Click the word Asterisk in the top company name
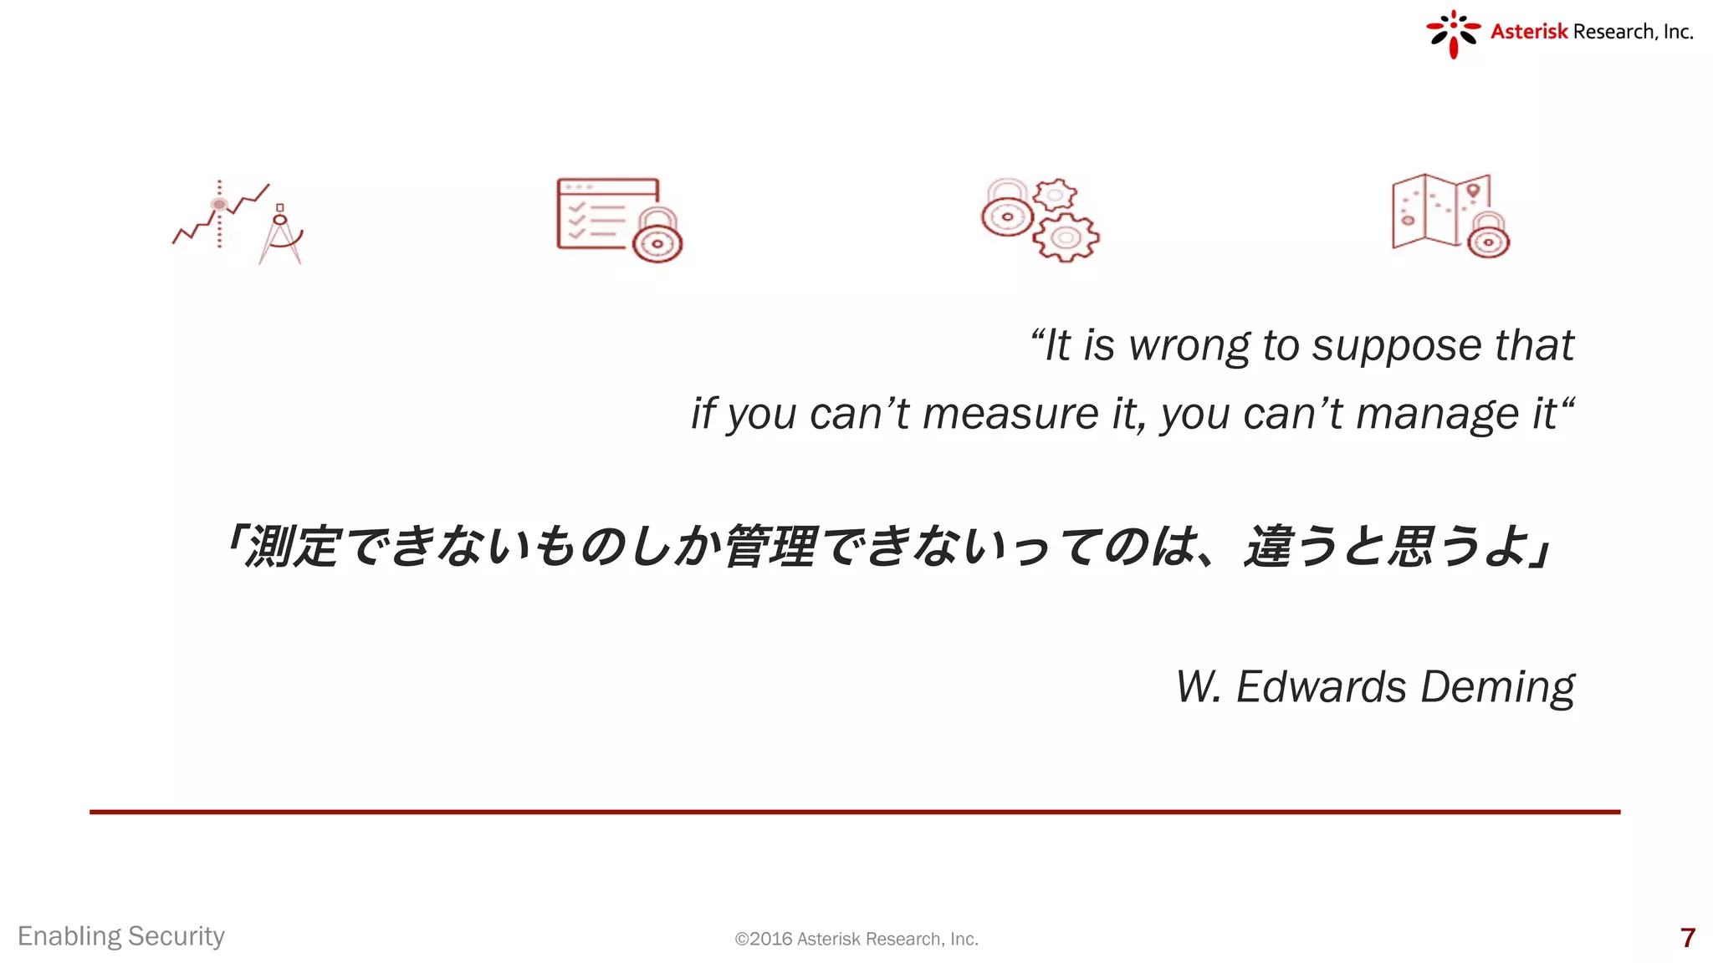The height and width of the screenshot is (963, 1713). point(1528,32)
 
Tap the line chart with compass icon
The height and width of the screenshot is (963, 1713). point(238,222)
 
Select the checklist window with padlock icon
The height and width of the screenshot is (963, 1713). point(619,220)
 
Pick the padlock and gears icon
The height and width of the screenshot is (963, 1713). point(1040,220)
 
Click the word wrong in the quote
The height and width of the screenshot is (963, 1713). point(1189,345)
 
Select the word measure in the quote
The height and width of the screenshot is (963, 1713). point(1010,414)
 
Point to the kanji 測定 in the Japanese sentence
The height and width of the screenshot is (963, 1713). point(292,547)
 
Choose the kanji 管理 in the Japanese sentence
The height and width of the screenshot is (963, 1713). point(770,547)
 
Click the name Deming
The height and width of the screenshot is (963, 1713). point(1497,688)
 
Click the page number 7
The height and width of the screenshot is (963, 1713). point(1687,938)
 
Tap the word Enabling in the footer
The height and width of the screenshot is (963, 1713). point(69,936)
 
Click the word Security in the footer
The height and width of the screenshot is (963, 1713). point(176,936)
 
